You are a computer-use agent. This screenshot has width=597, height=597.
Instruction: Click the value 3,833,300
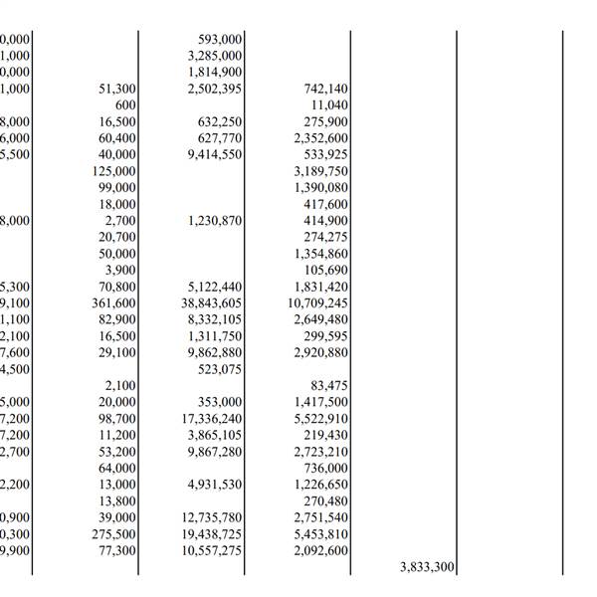[x=428, y=567]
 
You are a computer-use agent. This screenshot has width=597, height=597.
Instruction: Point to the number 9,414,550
[x=214, y=154]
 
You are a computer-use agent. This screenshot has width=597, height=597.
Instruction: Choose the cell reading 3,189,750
[x=321, y=171]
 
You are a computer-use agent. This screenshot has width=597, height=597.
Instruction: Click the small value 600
[x=125, y=104]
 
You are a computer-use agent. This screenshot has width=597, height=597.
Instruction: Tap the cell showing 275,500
[x=113, y=534]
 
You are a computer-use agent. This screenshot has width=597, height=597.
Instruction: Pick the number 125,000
[x=113, y=171]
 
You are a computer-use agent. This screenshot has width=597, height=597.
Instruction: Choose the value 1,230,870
[x=214, y=221]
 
